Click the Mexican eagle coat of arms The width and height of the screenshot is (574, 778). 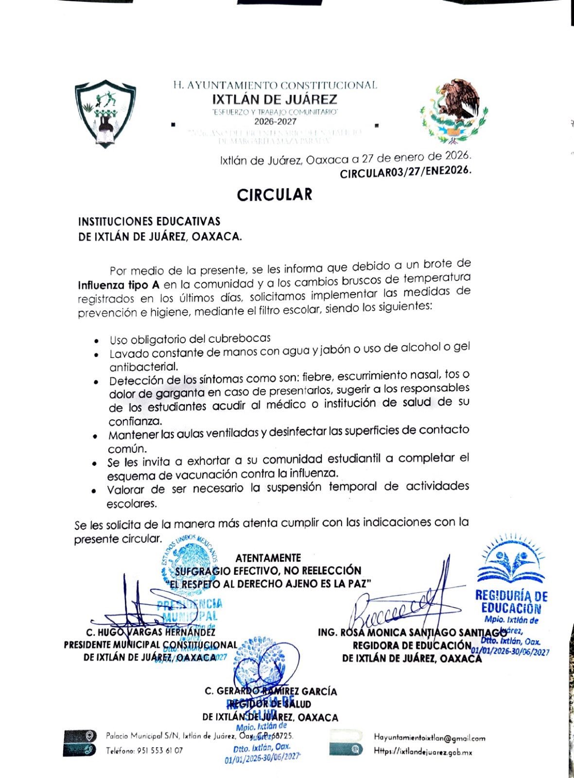453,111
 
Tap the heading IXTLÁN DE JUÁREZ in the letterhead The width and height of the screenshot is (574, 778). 275,100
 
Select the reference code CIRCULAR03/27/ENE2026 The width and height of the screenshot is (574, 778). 405,173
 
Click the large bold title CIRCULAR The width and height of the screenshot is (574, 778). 275,195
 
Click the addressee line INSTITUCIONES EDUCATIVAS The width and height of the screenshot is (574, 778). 149,222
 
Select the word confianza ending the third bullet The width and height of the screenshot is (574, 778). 135,421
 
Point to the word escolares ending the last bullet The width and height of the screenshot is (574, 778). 132,504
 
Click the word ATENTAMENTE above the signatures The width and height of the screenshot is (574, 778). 268,558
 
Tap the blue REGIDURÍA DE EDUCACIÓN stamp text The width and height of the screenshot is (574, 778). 511,601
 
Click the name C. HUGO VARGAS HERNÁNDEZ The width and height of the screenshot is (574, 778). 150,633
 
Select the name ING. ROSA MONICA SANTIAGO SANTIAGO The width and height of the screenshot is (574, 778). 408,633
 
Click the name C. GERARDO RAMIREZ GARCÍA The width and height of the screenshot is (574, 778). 271,691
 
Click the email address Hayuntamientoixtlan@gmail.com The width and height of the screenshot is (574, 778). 429,738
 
